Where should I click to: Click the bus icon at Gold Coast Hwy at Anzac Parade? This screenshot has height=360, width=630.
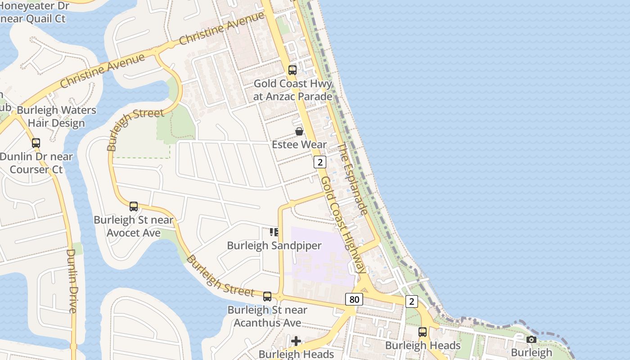(x=292, y=70)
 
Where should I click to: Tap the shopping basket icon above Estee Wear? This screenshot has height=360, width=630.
(x=299, y=131)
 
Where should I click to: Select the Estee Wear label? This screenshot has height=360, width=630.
(x=299, y=144)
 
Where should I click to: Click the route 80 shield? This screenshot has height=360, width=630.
(x=354, y=299)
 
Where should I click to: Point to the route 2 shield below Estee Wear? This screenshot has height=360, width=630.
(x=319, y=162)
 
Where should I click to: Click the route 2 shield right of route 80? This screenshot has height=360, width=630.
(x=411, y=301)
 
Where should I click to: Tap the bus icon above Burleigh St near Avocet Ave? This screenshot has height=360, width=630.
(x=134, y=207)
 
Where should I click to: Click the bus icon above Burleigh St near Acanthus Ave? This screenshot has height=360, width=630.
(x=267, y=296)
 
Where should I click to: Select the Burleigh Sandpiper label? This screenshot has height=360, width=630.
(x=274, y=246)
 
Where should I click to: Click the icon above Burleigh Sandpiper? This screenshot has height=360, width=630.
(x=274, y=232)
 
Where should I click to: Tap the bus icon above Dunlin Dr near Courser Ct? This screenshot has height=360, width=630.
(x=36, y=143)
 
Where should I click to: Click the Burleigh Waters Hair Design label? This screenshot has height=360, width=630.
(x=56, y=117)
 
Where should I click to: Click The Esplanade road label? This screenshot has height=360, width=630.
(x=353, y=179)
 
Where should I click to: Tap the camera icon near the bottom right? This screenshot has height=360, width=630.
(x=531, y=339)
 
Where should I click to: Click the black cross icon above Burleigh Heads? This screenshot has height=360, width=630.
(x=296, y=341)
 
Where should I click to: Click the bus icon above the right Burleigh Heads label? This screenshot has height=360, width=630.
(x=423, y=332)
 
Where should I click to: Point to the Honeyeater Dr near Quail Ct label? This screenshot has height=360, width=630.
(x=34, y=12)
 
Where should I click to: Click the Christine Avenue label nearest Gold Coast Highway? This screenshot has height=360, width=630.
(x=221, y=28)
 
